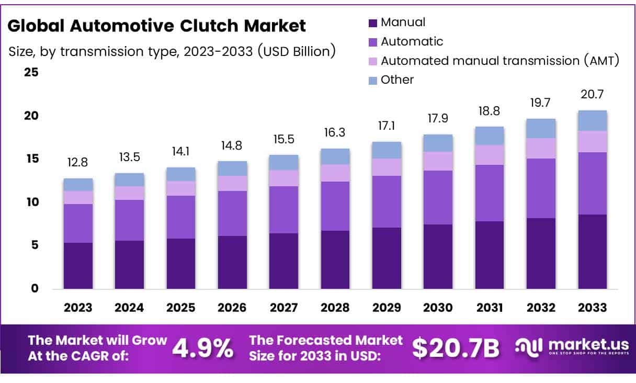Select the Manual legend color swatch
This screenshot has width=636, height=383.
tap(372, 22)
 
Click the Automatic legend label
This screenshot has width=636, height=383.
tap(412, 41)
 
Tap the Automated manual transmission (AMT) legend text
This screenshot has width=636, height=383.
tap(499, 61)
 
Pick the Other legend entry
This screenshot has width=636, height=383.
tap(397, 80)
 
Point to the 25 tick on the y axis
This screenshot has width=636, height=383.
tap(31, 72)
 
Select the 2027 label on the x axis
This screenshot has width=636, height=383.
tap(284, 308)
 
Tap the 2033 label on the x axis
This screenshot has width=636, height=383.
tap(592, 308)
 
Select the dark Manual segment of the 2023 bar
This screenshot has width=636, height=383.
tap(78, 265)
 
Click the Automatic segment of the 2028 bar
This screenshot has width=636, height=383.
tap(335, 206)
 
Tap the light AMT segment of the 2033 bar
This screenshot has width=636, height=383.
tap(592, 141)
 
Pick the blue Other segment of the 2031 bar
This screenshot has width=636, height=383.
tap(490, 136)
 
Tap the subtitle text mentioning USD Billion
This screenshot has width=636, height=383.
tap(172, 51)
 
